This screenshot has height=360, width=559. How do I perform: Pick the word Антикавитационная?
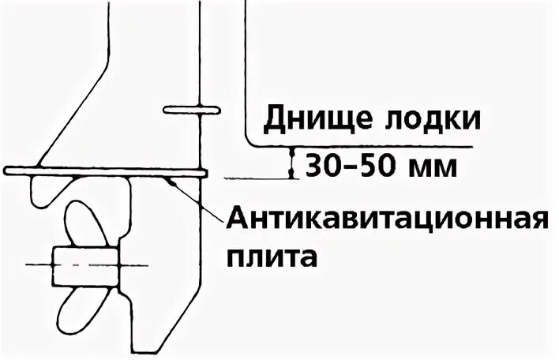(x=387, y=219)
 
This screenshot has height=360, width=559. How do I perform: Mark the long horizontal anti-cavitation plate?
(x=106, y=171)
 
